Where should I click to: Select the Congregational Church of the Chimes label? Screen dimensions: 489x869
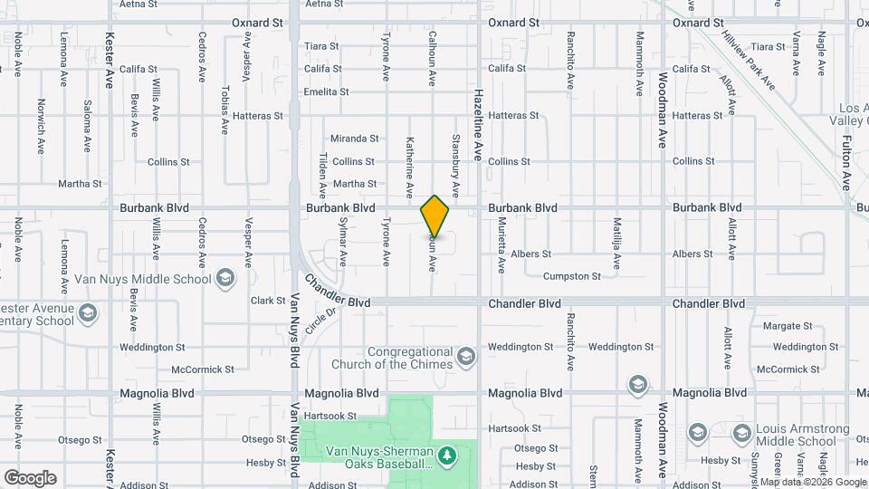(409, 358)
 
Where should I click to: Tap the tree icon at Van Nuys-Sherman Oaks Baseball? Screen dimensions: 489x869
(444, 453)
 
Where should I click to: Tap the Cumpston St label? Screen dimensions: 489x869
(571, 276)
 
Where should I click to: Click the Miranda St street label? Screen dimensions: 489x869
(354, 139)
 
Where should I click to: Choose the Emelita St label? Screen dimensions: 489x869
(326, 91)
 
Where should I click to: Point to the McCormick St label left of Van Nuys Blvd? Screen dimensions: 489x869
(203, 369)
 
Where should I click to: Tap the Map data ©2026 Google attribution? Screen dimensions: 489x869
(812, 482)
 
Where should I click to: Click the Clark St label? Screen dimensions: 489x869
(268, 301)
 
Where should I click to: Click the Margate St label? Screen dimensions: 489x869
(788, 325)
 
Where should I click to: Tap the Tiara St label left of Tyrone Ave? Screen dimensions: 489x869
(321, 46)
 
